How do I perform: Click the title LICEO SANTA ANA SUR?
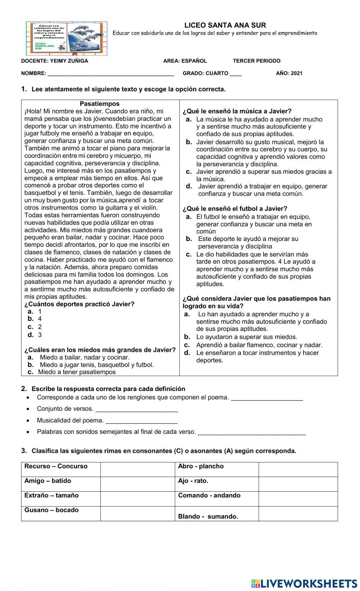(225, 25)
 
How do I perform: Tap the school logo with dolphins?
(67, 38)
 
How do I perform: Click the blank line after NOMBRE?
(111, 73)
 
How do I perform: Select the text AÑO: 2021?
(289, 73)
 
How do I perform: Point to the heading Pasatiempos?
(100, 104)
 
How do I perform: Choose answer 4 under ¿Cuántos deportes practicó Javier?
(40, 319)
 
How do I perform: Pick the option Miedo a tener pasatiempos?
(77, 372)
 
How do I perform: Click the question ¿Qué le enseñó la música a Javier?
(237, 111)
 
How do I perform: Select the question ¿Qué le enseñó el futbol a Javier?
(235, 209)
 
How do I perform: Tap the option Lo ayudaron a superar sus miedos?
(247, 337)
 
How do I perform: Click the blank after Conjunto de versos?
(137, 409)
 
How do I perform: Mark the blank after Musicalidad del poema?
(141, 421)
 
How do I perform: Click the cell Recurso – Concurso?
(56, 467)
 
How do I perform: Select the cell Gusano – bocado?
(51, 510)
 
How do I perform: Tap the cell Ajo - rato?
(193, 481)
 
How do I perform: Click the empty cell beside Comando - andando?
(298, 499)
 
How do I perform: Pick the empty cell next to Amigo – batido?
(137, 484)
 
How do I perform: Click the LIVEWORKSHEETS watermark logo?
(305, 583)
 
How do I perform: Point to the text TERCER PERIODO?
(256, 61)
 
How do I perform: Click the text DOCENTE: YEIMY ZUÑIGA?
(55, 61)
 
